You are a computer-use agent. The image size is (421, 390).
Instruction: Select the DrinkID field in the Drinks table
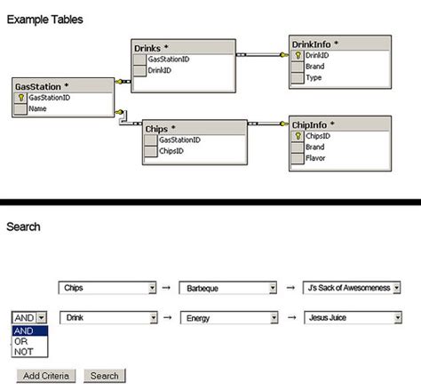[x=161, y=69]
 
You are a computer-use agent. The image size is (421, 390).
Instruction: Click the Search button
[x=105, y=376]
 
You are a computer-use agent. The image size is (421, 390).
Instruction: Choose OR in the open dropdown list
[x=20, y=340]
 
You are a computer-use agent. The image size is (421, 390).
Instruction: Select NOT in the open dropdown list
[x=22, y=352]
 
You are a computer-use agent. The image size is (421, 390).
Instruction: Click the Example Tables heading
[x=46, y=19]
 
